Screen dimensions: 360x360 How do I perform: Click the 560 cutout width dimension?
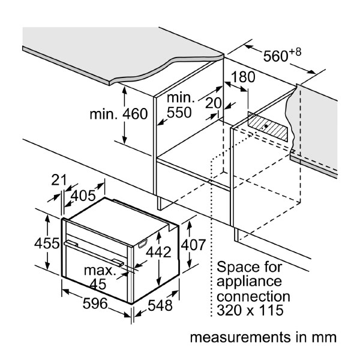pyautogui.click(x=276, y=56)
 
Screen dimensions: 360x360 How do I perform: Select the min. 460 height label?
pyautogui.click(x=119, y=114)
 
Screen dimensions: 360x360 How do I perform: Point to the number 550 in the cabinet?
pyautogui.click(x=179, y=112)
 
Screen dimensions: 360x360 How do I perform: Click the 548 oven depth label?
pyautogui.click(x=160, y=306)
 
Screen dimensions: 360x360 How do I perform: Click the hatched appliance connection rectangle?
pyautogui.click(x=267, y=125)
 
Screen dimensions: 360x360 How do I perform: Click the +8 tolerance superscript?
pyautogui.click(x=295, y=52)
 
